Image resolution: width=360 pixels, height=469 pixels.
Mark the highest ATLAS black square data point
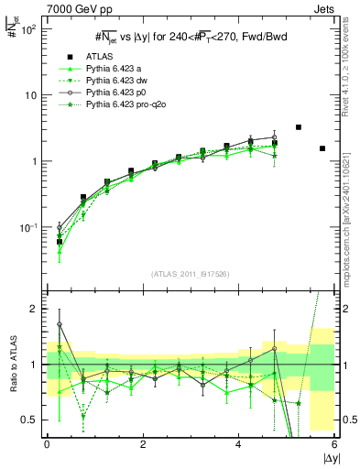(x=299, y=127)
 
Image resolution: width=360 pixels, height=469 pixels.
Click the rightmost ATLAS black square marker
(x=322, y=148)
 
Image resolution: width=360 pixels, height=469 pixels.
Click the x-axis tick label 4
(x=239, y=444)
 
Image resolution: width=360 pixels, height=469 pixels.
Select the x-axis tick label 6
(x=334, y=444)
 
